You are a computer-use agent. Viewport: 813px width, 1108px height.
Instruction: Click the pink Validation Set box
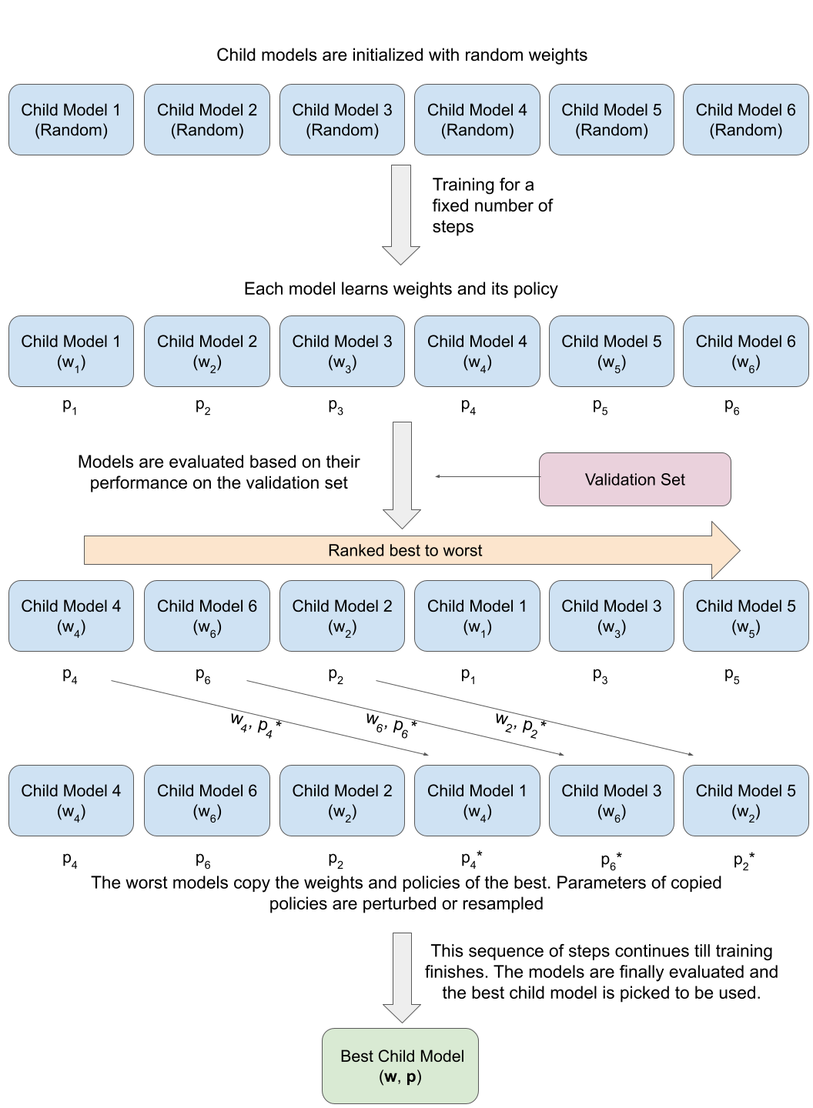(634, 479)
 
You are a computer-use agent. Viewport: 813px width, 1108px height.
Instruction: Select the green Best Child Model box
(400, 1066)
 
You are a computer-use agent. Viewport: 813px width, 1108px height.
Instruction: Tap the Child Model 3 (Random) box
(342, 120)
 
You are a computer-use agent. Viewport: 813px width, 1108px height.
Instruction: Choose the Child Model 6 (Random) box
(745, 120)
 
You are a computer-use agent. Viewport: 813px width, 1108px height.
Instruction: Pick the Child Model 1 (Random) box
(71, 120)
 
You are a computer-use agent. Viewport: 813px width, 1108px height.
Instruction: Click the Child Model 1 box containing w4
(477, 800)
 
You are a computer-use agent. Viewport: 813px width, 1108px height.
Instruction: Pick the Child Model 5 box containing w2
(745, 800)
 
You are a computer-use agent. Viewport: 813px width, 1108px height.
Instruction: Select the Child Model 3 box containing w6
(611, 800)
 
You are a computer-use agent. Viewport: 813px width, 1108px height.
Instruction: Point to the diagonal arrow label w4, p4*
(256, 724)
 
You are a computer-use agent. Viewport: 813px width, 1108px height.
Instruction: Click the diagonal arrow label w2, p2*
(520, 724)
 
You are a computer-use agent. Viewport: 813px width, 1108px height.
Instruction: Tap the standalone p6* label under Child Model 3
(611, 860)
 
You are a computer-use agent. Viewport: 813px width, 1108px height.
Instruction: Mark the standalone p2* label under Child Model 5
(744, 860)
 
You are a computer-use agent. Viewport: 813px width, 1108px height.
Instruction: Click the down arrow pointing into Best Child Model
(402, 977)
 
